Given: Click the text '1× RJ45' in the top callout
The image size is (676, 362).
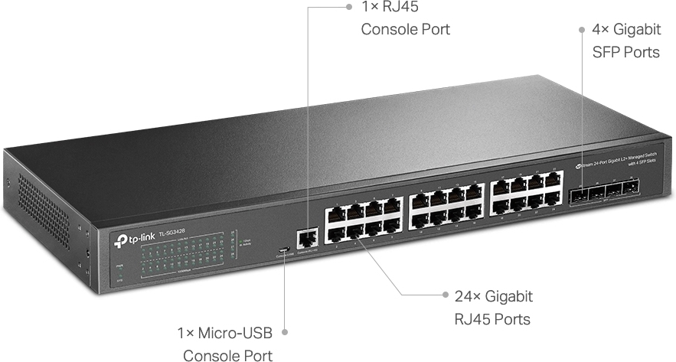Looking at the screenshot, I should [x=389, y=7].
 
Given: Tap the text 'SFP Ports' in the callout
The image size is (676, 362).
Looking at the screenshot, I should [x=625, y=53].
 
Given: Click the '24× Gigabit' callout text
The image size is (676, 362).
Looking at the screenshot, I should [x=494, y=296].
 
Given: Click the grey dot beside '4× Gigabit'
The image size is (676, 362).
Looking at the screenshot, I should [x=582, y=29].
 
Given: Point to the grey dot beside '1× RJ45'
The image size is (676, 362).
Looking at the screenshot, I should [x=348, y=7].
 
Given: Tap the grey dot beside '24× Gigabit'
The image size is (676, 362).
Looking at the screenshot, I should [x=446, y=294].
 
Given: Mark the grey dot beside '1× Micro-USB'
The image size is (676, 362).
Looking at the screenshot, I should [x=284, y=331].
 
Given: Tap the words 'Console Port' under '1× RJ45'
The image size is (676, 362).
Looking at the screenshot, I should [x=405, y=30].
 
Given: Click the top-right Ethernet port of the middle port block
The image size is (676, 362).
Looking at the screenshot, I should [x=474, y=191].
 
